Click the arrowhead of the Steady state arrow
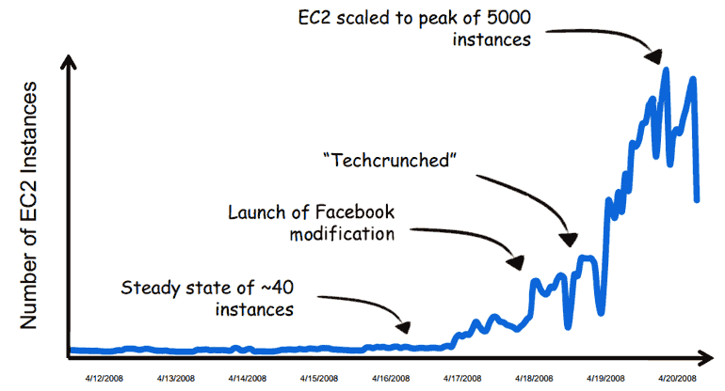(406, 328)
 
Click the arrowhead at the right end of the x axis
(707, 357)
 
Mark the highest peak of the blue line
(666, 69)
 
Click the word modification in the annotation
(342, 234)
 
